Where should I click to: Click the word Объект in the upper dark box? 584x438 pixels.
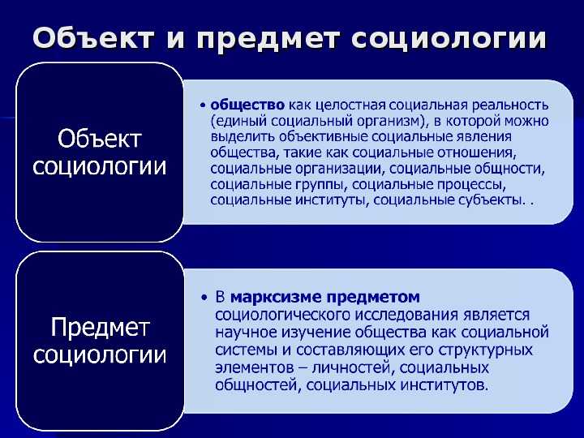click(x=99, y=140)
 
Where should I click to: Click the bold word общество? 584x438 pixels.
click(x=247, y=105)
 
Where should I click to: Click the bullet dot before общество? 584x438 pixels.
click(x=204, y=105)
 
